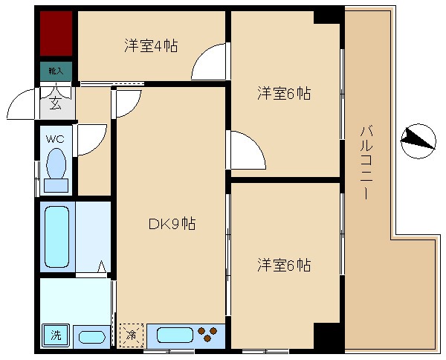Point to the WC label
[55, 139]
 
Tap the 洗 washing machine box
[56, 335]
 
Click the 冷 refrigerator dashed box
[130, 335]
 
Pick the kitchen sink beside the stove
[170, 335]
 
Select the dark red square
[56, 33]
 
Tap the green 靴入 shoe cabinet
[56, 71]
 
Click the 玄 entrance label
[56, 103]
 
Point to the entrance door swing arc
[22, 105]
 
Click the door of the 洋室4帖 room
[209, 63]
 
